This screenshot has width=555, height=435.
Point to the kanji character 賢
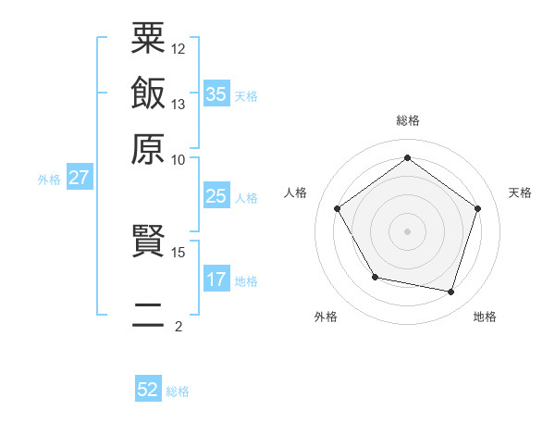148,242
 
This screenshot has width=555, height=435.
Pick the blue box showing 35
216,94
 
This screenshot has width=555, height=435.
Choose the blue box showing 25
216,196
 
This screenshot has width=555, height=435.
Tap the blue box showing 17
216,280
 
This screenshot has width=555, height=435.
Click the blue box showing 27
79,179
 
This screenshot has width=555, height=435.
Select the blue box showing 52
148,390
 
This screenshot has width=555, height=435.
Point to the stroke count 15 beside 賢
179,252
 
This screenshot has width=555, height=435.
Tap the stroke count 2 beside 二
179,326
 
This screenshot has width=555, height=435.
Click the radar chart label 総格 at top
407,120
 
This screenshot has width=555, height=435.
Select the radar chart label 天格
520,193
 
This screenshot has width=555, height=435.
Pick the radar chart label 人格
296,193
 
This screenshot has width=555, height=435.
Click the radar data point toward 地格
450,292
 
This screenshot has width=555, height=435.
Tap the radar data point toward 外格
375,277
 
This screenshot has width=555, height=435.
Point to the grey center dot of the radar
407,230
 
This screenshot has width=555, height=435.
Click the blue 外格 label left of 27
49,180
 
